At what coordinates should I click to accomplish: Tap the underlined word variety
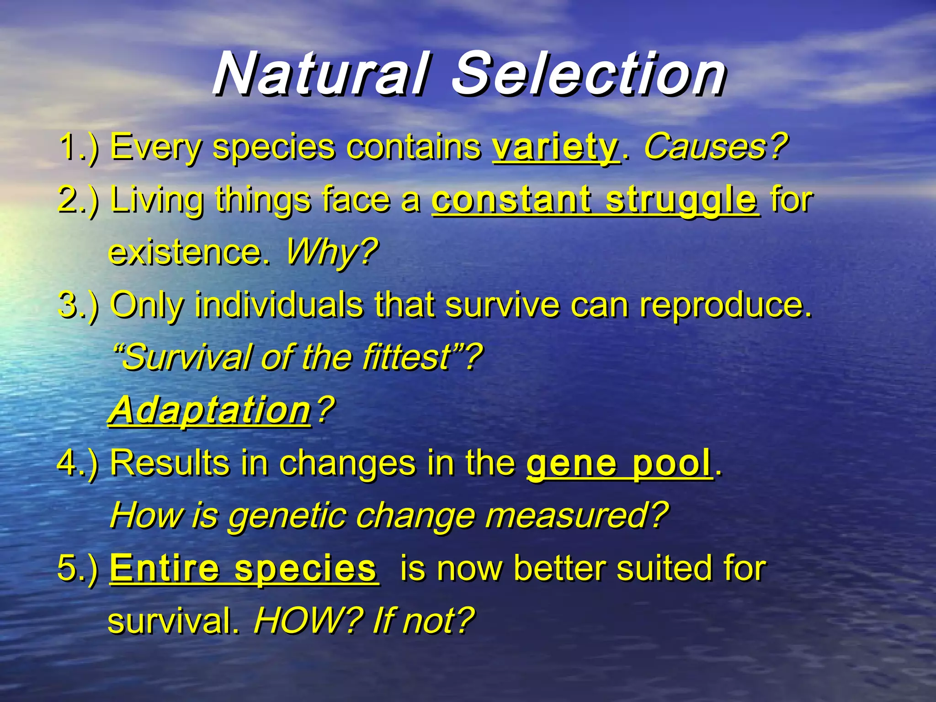coord(555,147)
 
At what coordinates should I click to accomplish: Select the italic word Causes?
coord(715,147)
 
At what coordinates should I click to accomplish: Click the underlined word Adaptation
coord(210,410)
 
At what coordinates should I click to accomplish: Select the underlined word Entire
coord(165,568)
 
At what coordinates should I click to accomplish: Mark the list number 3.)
coord(78,305)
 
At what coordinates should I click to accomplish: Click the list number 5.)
coord(78,568)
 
